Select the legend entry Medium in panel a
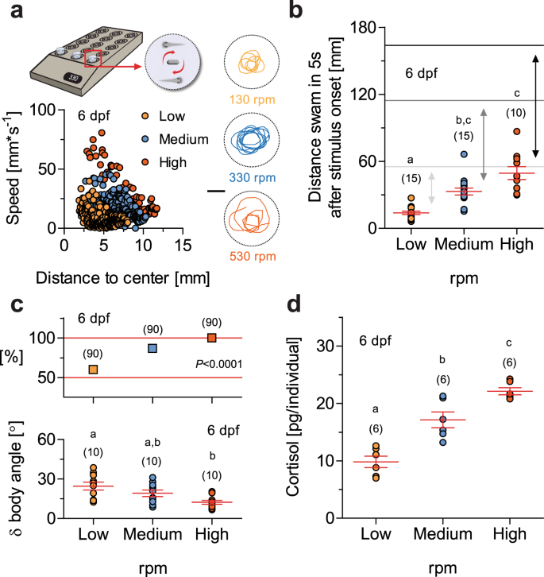[x=183, y=140]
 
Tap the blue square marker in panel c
[x=152, y=348]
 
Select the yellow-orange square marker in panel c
[x=94, y=369]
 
